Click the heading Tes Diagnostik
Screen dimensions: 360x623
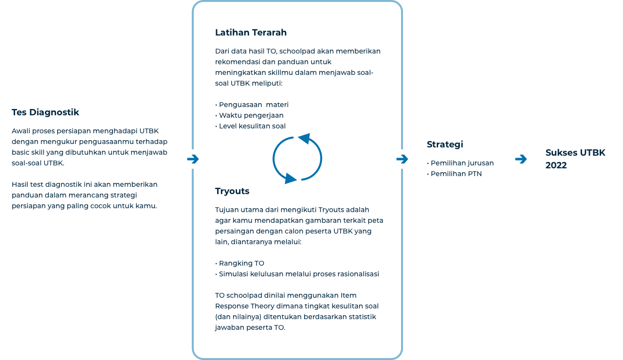[x=45, y=112]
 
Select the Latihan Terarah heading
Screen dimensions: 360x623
[x=251, y=33]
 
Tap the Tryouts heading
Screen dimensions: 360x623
[x=232, y=191]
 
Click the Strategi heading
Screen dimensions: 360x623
[x=445, y=144]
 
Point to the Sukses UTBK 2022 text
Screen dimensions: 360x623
[x=575, y=159]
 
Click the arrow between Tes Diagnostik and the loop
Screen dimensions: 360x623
[x=193, y=159]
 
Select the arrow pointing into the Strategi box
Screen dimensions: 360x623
[x=402, y=159]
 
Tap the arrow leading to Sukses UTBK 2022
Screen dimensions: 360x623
[x=521, y=159]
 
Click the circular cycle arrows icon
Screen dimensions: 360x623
[x=297, y=159]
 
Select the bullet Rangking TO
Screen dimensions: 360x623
[x=241, y=263]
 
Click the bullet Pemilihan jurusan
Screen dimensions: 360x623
[x=461, y=163]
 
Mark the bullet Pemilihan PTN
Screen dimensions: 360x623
[x=456, y=174]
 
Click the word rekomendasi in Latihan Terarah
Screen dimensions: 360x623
[x=238, y=62]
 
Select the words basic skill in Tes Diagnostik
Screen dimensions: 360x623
[x=29, y=152]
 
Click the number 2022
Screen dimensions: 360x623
[x=556, y=165]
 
